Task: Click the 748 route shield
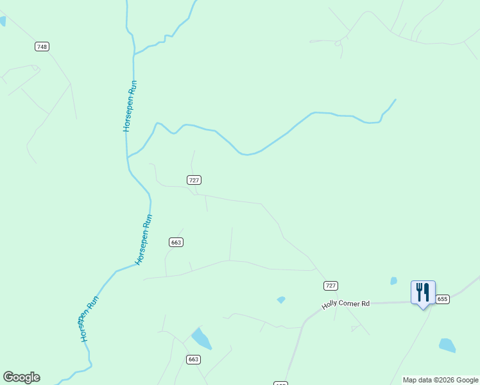42,47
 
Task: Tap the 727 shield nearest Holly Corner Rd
330,286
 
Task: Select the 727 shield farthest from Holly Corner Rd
194,180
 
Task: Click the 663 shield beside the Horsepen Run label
176,242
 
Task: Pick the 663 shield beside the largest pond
194,359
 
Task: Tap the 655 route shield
442,299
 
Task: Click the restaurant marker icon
423,293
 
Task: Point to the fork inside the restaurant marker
419,292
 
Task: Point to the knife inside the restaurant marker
427,292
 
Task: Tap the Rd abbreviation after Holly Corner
366,303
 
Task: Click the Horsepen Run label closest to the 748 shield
130,106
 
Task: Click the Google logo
21,377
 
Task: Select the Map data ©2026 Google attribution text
440,380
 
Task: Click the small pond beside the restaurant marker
393,280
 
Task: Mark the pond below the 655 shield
447,345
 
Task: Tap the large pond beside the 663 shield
201,338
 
